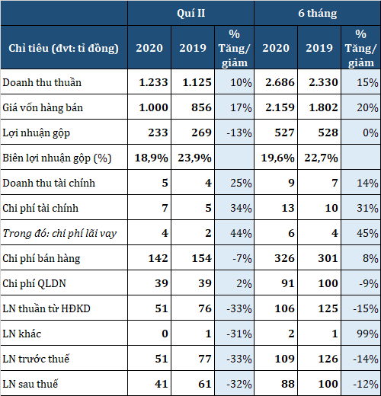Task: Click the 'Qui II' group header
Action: (191, 14)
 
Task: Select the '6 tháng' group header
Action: (318, 14)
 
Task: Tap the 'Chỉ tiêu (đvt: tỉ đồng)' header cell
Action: (63, 48)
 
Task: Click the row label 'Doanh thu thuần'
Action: (42, 82)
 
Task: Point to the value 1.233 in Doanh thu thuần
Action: (153, 82)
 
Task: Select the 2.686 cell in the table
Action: (280, 82)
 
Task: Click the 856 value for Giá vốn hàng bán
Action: (201, 107)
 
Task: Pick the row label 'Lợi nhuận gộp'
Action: (36, 133)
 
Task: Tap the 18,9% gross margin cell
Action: (151, 158)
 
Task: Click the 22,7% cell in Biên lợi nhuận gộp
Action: (322, 158)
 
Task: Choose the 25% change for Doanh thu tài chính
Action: (241, 183)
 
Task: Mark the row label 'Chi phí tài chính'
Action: (40, 208)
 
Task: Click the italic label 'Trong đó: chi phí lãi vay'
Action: (59, 234)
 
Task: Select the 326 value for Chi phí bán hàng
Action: (284, 258)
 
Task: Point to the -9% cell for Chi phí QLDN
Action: (369, 283)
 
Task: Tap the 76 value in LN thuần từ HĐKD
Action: (205, 308)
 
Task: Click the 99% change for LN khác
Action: (367, 334)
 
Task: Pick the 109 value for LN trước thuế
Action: (284, 359)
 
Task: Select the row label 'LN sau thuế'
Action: (30, 384)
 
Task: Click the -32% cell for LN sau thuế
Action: (239, 384)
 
